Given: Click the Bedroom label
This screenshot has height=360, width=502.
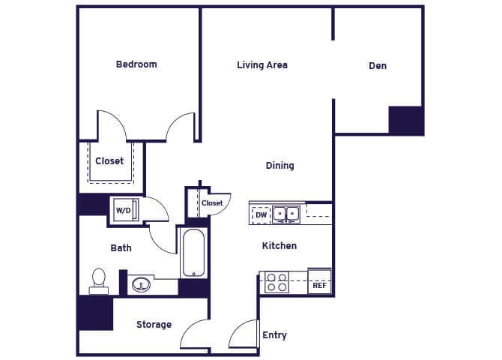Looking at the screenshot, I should pos(136,64).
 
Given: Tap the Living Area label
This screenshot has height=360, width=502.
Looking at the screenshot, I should pos(262,65).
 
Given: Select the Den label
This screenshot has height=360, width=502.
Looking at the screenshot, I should pos(378,66).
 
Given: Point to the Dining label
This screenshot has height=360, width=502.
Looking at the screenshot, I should pos(279,166).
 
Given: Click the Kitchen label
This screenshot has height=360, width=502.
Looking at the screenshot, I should pos(279,246).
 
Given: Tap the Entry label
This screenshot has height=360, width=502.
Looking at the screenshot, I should pos(274,335).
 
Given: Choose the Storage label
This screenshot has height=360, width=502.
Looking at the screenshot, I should pos(154,325).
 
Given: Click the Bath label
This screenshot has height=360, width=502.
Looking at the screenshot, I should pos(121,248).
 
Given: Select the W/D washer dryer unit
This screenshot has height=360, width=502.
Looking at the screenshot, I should pos(124,210).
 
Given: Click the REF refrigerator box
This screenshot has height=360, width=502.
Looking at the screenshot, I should pos(319,285).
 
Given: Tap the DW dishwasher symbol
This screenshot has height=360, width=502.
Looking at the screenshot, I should pos(261,215).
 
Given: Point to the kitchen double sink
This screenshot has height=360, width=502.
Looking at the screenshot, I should pos(286,214).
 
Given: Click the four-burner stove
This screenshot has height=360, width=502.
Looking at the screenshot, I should pos(276,282).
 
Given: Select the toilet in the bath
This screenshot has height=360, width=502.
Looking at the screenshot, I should pos(98,280).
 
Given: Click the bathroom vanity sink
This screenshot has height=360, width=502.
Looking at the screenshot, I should pos(140,284).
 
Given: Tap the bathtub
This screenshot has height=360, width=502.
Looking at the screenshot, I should pos(193,253).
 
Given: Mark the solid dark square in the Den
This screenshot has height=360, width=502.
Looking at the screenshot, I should pos(406,120).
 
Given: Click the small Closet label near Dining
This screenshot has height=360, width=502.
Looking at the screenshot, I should pos(212,203).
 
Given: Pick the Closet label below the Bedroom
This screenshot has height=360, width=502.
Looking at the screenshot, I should pos(109,161).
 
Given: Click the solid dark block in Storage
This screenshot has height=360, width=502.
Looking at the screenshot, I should pos(95,313).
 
